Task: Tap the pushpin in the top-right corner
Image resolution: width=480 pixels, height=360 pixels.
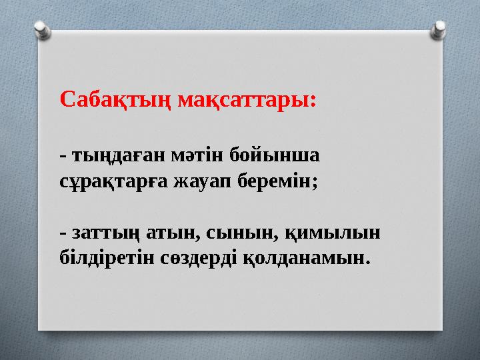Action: (x=440, y=28)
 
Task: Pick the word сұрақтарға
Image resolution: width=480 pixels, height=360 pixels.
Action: (x=110, y=180)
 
